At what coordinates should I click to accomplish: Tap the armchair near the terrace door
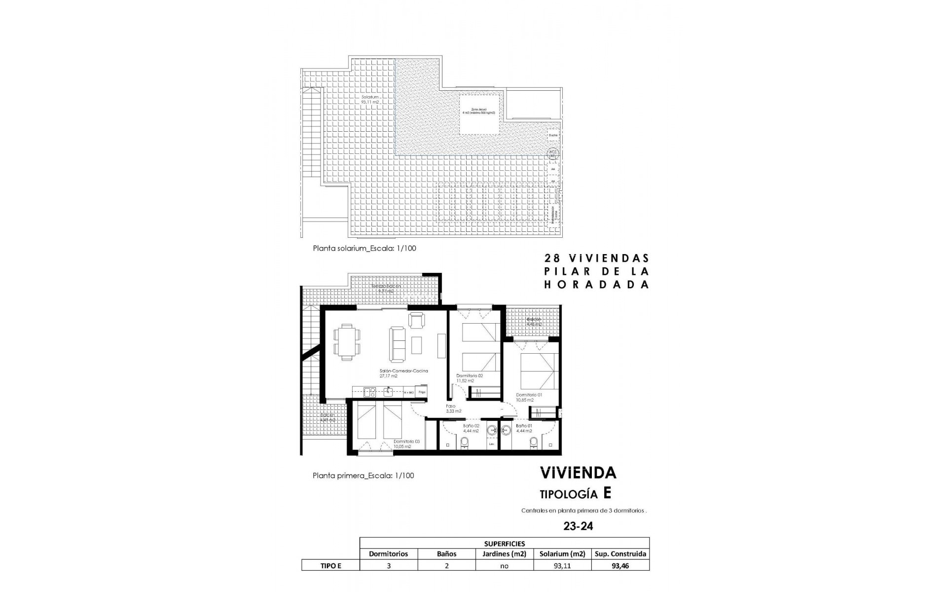click(416, 321)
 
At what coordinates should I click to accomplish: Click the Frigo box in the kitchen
click(422, 392)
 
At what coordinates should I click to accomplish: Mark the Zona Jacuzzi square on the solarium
click(479, 114)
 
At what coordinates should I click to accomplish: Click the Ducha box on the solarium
click(553, 135)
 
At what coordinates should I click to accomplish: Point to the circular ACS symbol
click(553, 153)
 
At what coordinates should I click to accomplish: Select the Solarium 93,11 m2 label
click(369, 100)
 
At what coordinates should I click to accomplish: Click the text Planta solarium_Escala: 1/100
click(364, 248)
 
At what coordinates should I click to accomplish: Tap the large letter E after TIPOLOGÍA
click(607, 493)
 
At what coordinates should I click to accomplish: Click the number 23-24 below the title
click(578, 526)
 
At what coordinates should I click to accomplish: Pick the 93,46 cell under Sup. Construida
click(620, 566)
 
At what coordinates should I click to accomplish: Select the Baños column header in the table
click(446, 554)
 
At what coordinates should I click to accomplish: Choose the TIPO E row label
click(330, 566)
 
